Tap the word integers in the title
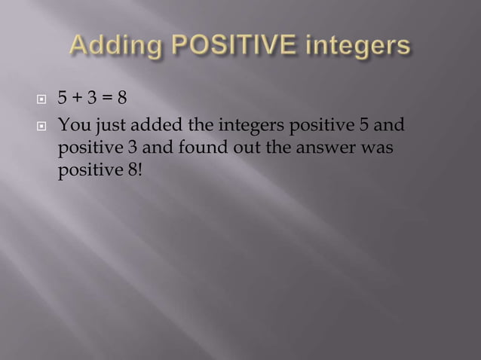360,47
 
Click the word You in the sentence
72,123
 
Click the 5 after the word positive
363,123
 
